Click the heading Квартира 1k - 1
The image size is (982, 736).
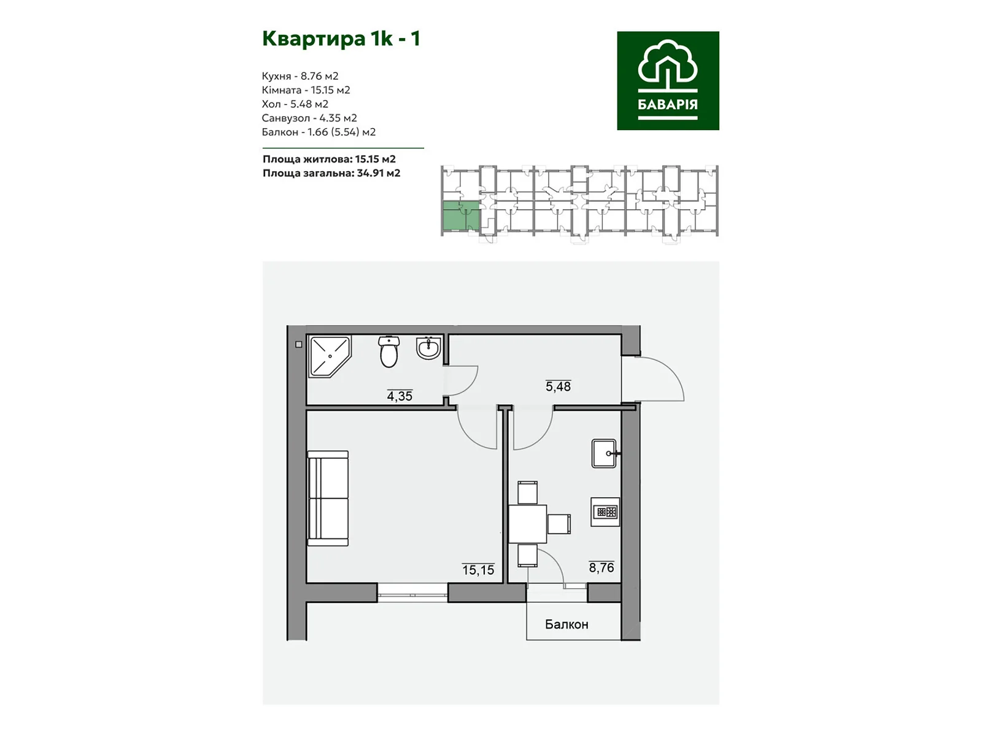click(x=341, y=39)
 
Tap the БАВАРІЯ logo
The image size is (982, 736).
click(x=668, y=80)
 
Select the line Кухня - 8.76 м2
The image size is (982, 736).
click(x=300, y=76)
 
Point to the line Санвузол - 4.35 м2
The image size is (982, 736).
click(x=309, y=118)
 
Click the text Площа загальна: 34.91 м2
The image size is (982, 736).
click(x=331, y=173)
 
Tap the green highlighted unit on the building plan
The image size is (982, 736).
click(x=461, y=217)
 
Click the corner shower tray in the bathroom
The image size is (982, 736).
click(x=330, y=356)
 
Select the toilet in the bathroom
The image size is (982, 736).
click(x=389, y=351)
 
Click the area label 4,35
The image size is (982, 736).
click(x=400, y=396)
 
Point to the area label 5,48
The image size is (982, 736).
click(x=558, y=386)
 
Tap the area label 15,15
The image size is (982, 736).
click(x=478, y=570)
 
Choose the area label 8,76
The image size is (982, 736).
click(x=601, y=567)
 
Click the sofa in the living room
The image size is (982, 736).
click(x=328, y=498)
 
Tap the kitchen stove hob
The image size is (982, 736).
click(x=605, y=512)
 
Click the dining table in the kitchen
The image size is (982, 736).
click(x=528, y=524)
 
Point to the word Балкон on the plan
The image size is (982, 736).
click(x=566, y=624)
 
